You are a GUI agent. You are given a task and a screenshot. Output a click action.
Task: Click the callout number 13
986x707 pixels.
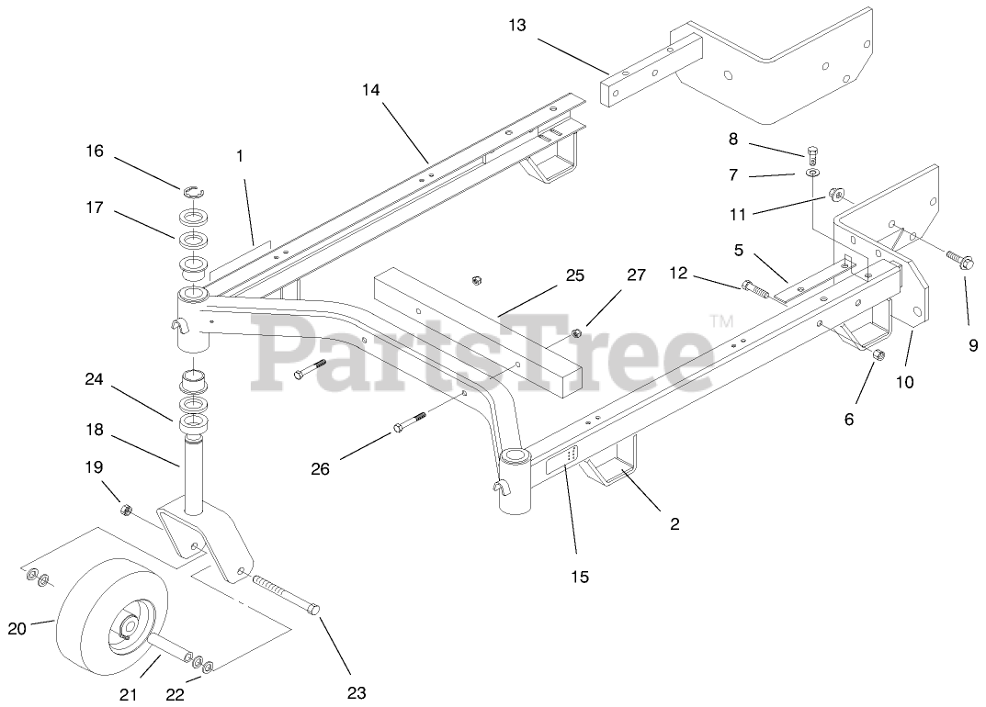coord(517,25)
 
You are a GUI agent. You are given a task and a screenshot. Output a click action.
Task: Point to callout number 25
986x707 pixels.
coord(575,275)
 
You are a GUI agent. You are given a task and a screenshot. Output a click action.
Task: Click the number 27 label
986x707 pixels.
coord(636,275)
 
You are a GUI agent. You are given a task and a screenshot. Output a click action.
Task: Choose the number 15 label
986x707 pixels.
coord(580,577)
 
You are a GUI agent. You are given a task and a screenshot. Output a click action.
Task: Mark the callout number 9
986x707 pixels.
coord(973,346)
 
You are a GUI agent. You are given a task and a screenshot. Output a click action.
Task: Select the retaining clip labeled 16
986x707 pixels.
coord(193,191)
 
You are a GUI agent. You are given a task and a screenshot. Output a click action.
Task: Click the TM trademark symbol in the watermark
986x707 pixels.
coord(721,320)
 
